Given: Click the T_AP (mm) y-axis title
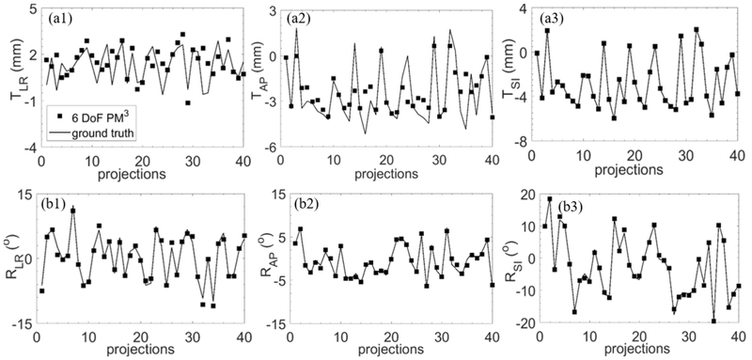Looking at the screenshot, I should tap(260, 78).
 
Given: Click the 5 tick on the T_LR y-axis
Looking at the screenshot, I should tap(29, 10).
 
